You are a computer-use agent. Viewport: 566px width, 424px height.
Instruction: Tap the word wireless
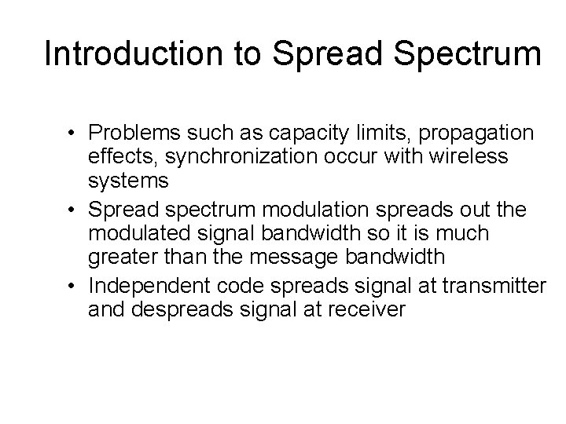469,157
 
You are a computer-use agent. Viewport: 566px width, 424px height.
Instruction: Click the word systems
129,181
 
